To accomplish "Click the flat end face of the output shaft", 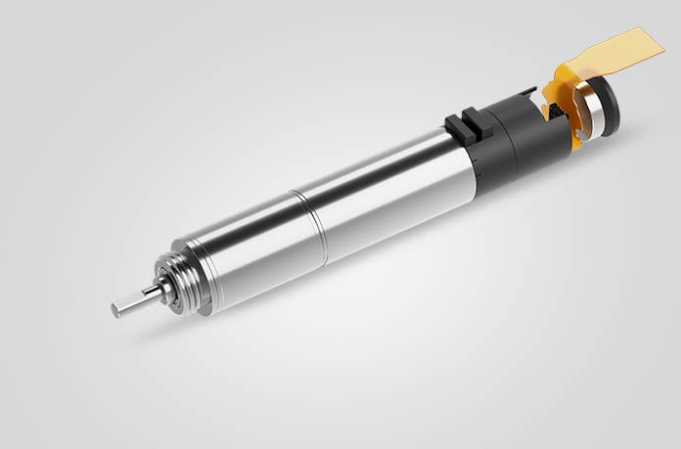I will pyautogui.click(x=116, y=310).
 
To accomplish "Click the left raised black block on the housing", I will pyautogui.click(x=457, y=126).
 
